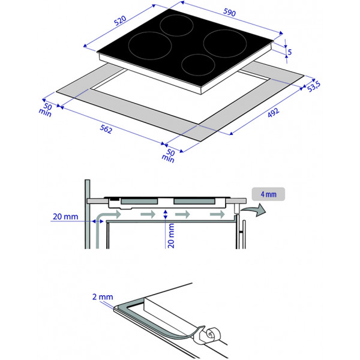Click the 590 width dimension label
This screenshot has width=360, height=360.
229,12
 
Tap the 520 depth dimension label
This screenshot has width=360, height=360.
120,20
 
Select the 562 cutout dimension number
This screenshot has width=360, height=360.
106,129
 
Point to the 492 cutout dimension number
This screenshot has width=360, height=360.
274,113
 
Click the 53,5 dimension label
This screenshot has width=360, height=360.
314,86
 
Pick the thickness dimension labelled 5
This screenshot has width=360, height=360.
290,52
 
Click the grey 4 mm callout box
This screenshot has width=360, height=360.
268,194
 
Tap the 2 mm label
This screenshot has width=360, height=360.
103,296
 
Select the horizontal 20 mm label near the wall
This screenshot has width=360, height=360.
65,217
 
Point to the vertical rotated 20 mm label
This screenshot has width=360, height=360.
171,236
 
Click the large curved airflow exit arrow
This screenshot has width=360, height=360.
254,209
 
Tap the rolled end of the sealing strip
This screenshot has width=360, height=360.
212,334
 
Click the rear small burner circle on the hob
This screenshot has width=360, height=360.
176,25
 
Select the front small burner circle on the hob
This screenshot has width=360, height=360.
198,65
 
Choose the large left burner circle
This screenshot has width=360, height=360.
150,46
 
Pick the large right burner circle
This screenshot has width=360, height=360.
225,44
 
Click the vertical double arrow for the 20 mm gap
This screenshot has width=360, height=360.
166,214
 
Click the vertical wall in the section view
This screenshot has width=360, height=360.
87,214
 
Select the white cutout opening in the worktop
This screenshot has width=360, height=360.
181,97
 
